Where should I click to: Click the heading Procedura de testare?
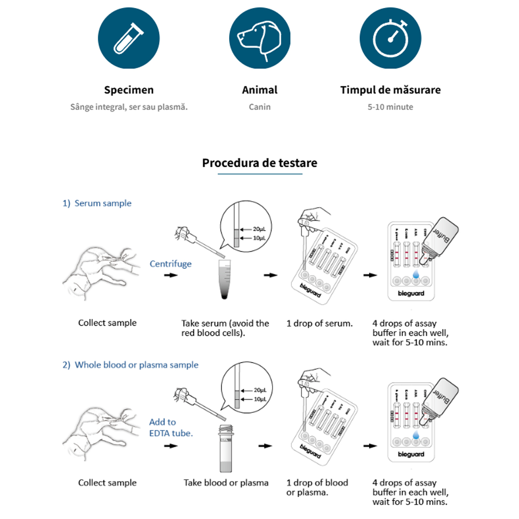(259, 163)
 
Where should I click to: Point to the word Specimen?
(129, 90)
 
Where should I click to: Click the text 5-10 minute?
(390, 107)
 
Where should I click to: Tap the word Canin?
(259, 107)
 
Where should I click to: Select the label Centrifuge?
(170, 263)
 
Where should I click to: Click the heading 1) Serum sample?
(97, 203)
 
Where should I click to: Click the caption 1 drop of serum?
(319, 323)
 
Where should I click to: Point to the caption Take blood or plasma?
(226, 483)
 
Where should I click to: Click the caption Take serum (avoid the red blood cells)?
(225, 328)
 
